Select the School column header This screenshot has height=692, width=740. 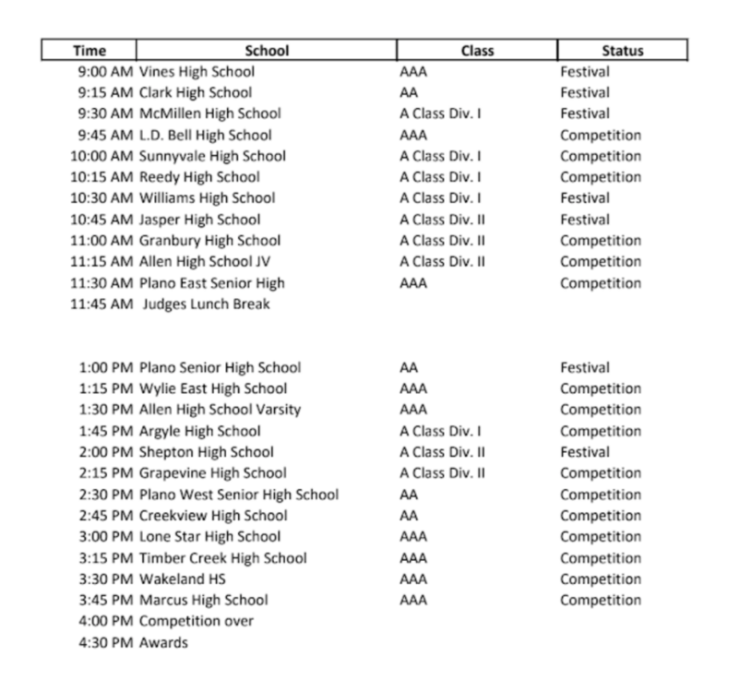point(267,51)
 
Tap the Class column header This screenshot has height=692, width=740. point(477,51)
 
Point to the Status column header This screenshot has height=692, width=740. point(622,51)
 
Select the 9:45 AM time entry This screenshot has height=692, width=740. point(105,135)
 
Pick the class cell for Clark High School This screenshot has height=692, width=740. point(410,92)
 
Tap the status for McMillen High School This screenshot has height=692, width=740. point(585,113)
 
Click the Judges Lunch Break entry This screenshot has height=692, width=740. point(207,304)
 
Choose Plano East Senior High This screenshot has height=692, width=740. point(211,283)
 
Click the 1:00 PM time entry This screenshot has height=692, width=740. point(105,367)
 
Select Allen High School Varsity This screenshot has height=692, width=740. point(220,410)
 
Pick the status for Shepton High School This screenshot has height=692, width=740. point(585,452)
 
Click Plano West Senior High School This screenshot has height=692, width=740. point(238,495)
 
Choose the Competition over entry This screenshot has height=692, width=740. point(196,621)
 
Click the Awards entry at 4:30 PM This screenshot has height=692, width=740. point(162,642)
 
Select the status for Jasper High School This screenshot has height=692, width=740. point(585,220)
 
